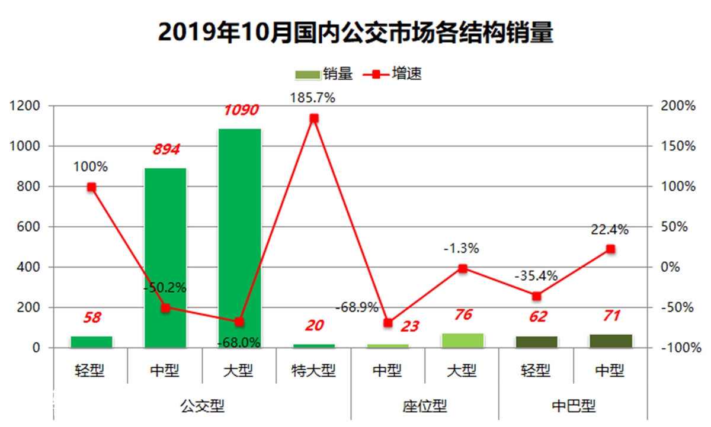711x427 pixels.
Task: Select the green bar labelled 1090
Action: [x=239, y=237]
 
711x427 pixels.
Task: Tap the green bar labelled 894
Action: [x=165, y=258]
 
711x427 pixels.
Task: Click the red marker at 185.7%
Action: [x=314, y=118]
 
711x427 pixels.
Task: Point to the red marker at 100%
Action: [x=91, y=187]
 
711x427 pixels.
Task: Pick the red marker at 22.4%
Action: [x=610, y=249]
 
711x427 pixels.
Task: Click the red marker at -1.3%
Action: [x=463, y=268]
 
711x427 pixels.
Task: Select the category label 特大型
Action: [x=313, y=371]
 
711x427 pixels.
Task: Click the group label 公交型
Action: [x=202, y=406]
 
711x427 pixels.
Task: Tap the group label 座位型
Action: [x=425, y=406]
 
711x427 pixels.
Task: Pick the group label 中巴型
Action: [x=573, y=406]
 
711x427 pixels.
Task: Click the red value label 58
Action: [x=92, y=318]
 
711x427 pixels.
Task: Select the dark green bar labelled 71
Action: [x=610, y=341]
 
